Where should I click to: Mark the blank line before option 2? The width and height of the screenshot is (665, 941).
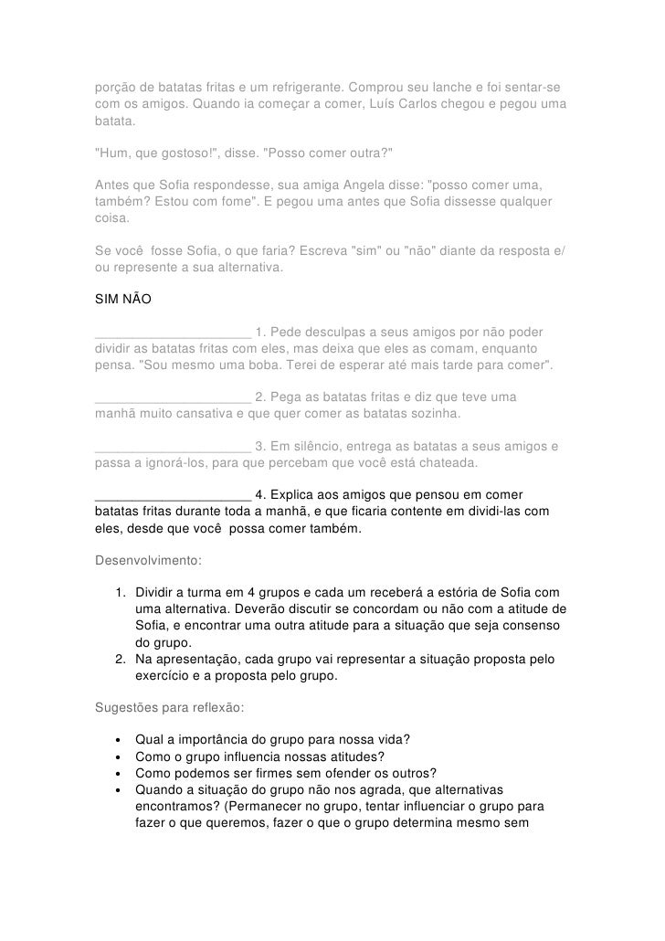coord(173,397)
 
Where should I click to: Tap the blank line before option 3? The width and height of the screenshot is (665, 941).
coord(173,447)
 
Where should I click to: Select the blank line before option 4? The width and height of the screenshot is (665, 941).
coord(173,496)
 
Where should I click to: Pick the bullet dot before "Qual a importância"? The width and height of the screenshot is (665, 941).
coord(119,739)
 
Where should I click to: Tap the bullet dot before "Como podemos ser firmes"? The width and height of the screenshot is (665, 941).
coord(119,772)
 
